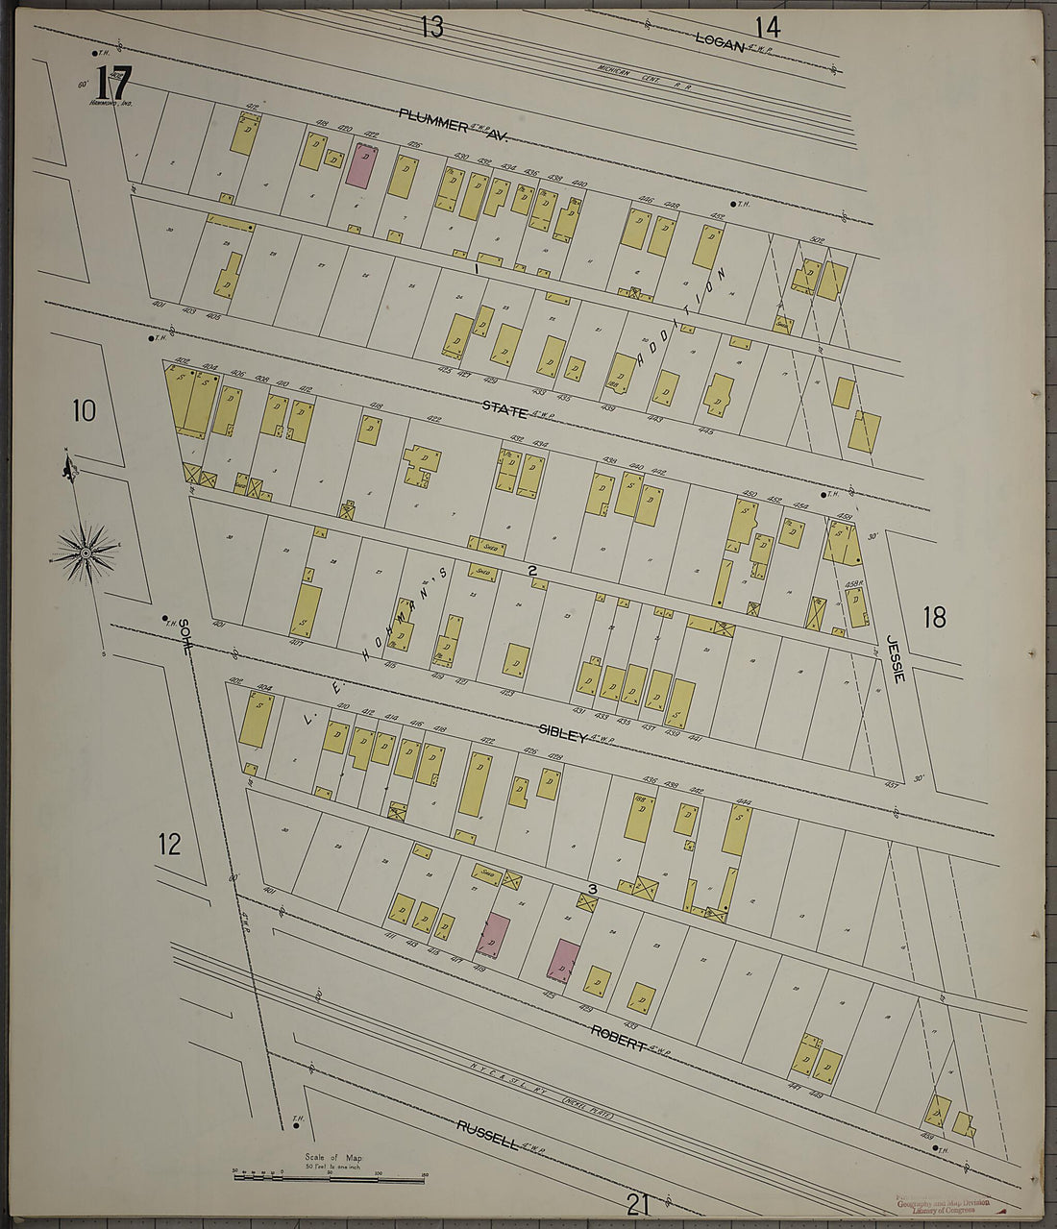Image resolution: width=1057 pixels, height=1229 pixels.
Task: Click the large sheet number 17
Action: click(x=112, y=83)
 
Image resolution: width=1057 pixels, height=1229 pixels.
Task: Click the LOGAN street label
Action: click(x=720, y=40)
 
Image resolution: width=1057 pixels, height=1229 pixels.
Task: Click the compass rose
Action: click(x=85, y=553)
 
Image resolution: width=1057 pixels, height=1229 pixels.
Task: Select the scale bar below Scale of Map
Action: click(x=330, y=1176)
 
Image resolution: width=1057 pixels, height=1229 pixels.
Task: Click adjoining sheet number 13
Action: click(x=431, y=27)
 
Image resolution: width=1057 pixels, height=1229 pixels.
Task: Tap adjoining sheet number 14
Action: click(x=767, y=27)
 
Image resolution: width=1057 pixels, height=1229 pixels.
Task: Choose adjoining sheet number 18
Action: click(x=934, y=617)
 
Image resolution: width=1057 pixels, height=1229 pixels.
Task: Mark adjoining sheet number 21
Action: click(x=638, y=1202)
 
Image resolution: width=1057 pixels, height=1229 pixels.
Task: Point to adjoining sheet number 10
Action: click(x=84, y=411)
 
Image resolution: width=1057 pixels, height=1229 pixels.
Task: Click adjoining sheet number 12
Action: click(x=169, y=845)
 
